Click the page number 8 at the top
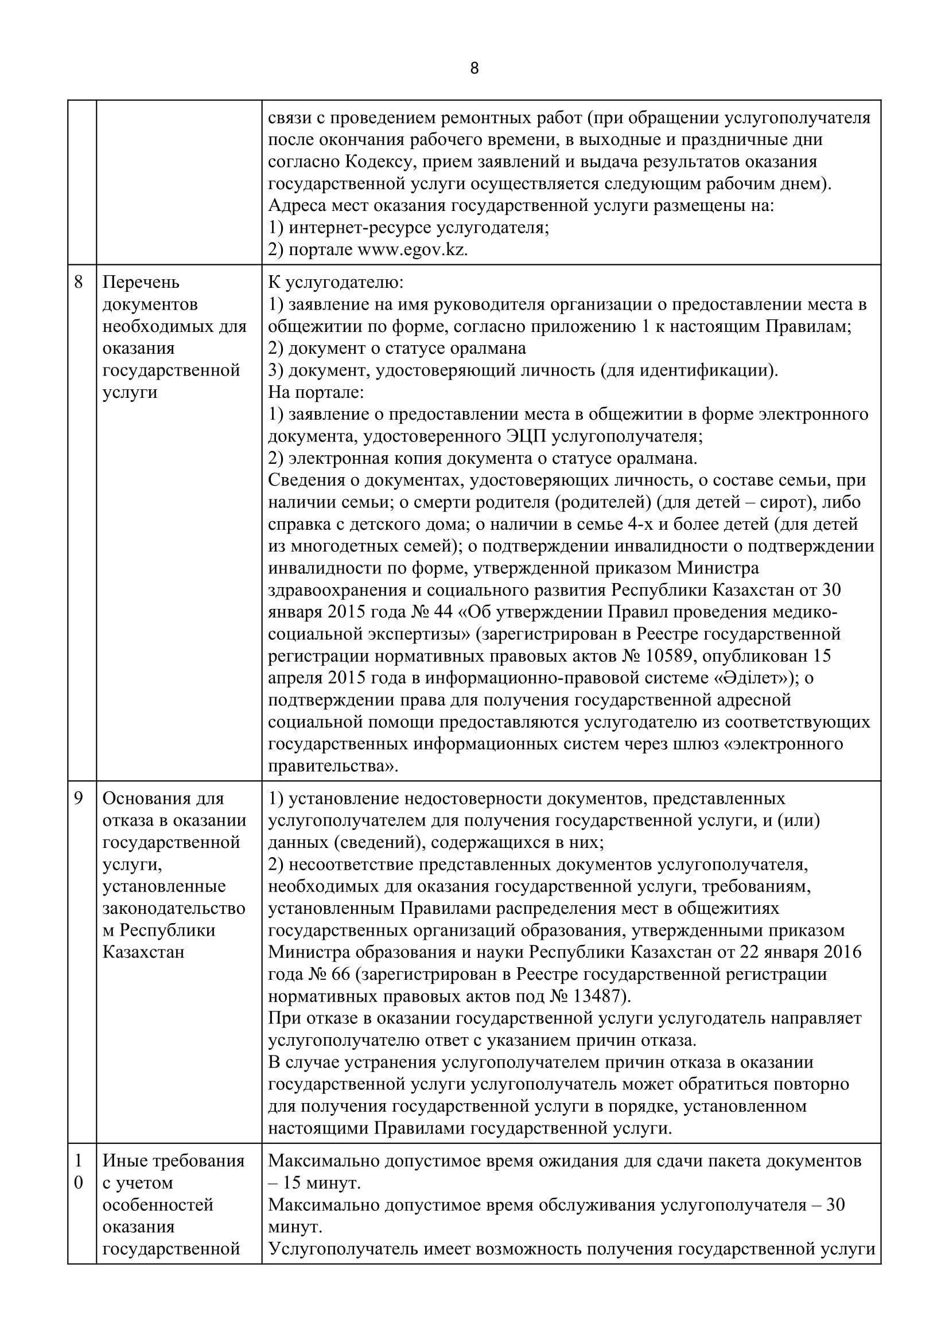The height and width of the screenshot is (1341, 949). (474, 69)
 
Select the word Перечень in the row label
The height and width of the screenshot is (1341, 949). (141, 283)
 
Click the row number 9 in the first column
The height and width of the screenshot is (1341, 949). (78, 799)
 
